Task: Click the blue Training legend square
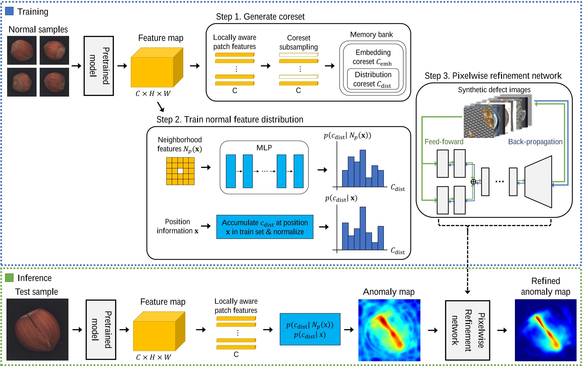tap(9, 11)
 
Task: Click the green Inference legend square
tap(9, 278)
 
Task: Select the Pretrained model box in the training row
tap(99, 66)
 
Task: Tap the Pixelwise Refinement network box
tap(467, 330)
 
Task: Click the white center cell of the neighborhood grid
tap(180, 171)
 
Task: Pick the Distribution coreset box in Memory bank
tap(373, 79)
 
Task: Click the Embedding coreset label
tap(373, 57)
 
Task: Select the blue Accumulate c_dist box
tap(265, 227)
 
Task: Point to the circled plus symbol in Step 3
tap(473, 182)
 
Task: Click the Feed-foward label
tap(444, 142)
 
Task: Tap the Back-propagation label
tap(535, 142)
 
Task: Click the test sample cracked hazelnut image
tap(37, 329)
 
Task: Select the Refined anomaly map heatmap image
tap(545, 330)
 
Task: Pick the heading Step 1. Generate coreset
tap(260, 17)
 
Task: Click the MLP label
tap(264, 148)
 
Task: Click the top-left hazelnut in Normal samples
tap(22, 50)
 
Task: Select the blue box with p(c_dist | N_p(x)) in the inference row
tap(310, 329)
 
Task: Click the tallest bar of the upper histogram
tap(362, 168)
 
